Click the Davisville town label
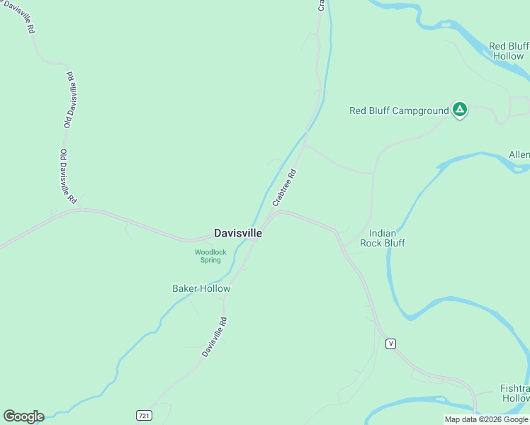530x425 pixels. pos(238,232)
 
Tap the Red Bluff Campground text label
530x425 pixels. pos(399,110)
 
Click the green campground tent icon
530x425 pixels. pos(460,109)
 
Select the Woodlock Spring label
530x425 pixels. pos(210,256)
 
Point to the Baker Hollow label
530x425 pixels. pos(201,288)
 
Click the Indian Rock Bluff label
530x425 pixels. pos(383,238)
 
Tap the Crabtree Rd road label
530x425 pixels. pos(283,188)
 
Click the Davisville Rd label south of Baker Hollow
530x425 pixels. pos(214,336)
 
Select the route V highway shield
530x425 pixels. pos(390,344)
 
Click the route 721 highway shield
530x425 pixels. pos(145,414)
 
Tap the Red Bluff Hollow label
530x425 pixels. pos(508,51)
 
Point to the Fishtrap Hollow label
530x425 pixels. pos(514,394)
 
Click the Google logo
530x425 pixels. pos(23,416)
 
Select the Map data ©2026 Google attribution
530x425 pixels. pos(486,419)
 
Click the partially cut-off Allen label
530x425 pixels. pos(519,155)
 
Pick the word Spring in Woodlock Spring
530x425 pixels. pos(210,260)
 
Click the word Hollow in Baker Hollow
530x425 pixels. pos(215,288)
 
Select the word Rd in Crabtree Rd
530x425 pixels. pos(292,174)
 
